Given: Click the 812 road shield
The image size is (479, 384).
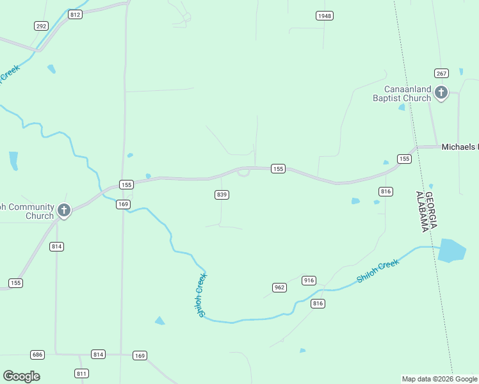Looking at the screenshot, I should pyautogui.click(x=76, y=14).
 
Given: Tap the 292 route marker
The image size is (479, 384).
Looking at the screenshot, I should pyautogui.click(x=42, y=26).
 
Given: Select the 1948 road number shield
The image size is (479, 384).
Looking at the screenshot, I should pyautogui.click(x=325, y=15).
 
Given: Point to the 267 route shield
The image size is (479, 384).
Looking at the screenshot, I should pyautogui.click(x=441, y=73).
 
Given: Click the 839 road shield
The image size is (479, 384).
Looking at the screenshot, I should pyautogui.click(x=222, y=195).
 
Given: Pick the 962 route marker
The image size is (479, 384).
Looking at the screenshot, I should pyautogui.click(x=279, y=287).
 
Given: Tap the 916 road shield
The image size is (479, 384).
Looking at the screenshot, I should pyautogui.click(x=309, y=280).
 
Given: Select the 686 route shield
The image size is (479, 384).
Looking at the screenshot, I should pyautogui.click(x=37, y=354).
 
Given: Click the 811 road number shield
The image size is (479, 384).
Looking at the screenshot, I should pyautogui.click(x=81, y=373).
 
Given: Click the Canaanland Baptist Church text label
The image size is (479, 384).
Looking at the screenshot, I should pyautogui.click(x=402, y=93).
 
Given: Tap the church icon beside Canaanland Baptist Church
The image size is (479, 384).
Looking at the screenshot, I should pyautogui.click(x=441, y=93).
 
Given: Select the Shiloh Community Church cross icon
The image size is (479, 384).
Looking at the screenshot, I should pyautogui.click(x=64, y=210).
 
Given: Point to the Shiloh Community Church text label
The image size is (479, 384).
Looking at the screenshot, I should pyautogui.click(x=26, y=211).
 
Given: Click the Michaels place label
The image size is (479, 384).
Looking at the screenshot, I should pyautogui.click(x=460, y=147).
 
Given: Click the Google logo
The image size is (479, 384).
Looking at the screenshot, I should pyautogui.click(x=21, y=376).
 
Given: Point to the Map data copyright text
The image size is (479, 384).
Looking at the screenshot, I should pyautogui.click(x=439, y=379).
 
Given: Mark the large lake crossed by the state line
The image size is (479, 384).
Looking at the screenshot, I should pyautogui.click(x=453, y=250).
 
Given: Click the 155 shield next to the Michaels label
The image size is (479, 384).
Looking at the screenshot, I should pyautogui.click(x=404, y=159).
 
